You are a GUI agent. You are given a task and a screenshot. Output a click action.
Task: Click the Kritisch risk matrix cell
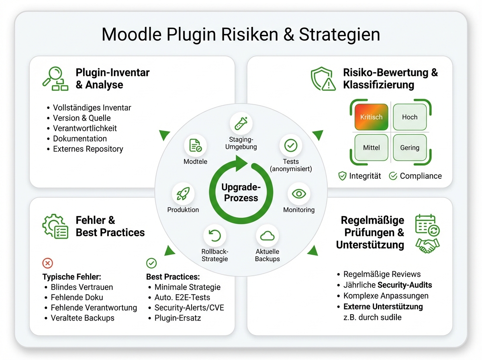tap(371, 117)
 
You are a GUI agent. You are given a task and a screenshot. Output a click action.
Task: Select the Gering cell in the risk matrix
tap(409, 147)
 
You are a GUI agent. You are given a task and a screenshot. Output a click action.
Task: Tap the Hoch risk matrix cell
tap(409, 117)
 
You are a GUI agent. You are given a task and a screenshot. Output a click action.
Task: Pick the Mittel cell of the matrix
tap(371, 147)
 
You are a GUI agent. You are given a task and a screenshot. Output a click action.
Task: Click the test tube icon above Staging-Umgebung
tap(241, 123)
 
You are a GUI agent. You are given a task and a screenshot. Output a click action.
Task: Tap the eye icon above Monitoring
tap(299, 194)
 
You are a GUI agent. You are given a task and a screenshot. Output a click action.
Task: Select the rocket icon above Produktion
tap(183, 194)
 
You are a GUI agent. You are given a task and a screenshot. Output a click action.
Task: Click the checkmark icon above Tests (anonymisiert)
tap(290, 145)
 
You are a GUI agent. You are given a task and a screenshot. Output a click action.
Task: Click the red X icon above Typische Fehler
tap(47, 263)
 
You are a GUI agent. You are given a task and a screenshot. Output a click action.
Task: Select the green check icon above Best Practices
tap(151, 263)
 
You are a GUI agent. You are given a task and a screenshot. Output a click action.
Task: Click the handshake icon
tap(428, 245)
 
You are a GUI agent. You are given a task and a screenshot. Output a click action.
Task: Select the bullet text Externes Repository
tap(88, 149)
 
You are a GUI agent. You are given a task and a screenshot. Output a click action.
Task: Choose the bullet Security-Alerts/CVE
tap(189, 308)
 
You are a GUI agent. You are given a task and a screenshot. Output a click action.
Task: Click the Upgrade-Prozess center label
tap(241, 192)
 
